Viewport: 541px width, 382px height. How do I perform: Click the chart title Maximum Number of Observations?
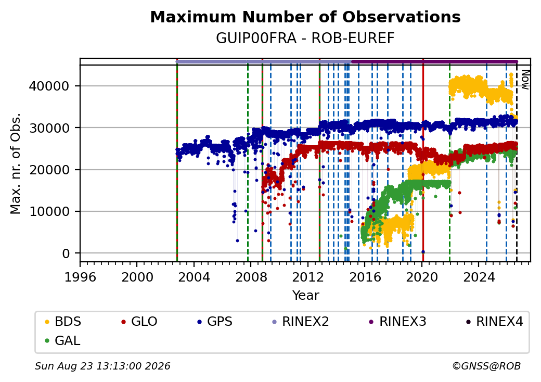pyautogui.click(x=305, y=17)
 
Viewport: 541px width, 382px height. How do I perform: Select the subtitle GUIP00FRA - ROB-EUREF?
pyautogui.click(x=305, y=39)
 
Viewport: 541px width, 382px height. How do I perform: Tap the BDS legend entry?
pyautogui.click(x=63, y=322)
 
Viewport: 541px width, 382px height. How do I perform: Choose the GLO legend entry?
pyautogui.click(x=139, y=322)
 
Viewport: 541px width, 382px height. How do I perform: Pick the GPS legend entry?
pyautogui.click(x=215, y=322)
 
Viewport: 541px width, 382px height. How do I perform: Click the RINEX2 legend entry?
pyautogui.click(x=301, y=322)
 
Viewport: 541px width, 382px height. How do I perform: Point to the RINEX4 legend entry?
pyautogui.click(x=494, y=322)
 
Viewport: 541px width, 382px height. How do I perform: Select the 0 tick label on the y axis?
pyautogui.click(x=66, y=253)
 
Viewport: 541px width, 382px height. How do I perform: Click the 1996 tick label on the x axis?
pyautogui.click(x=81, y=277)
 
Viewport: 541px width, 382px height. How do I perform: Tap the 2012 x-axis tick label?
pyautogui.click(x=308, y=277)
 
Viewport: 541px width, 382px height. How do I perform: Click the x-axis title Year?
pyautogui.click(x=306, y=296)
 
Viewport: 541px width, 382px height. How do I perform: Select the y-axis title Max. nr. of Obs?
pyautogui.click(x=16, y=163)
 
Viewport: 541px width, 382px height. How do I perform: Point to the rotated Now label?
pyautogui.click(x=525, y=80)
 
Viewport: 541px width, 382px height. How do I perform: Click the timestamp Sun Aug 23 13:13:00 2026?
pyautogui.click(x=102, y=366)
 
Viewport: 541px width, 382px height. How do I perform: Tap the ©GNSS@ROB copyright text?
pyautogui.click(x=486, y=366)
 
